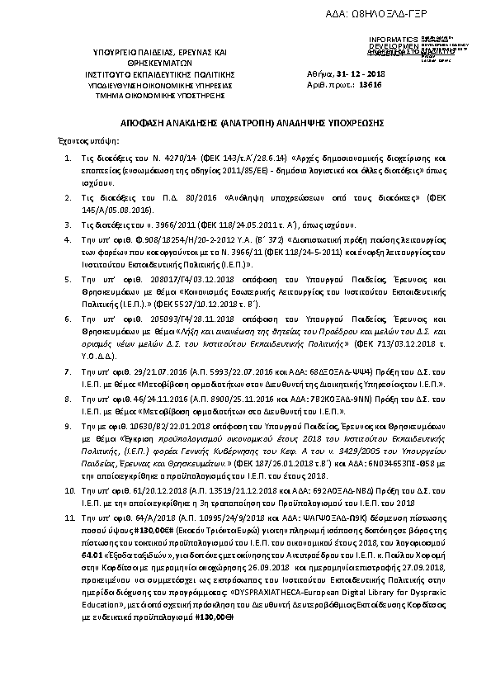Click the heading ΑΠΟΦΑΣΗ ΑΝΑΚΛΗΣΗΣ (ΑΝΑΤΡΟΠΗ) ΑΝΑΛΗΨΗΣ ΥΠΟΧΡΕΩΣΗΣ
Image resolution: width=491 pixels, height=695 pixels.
pyautogui.click(x=243, y=121)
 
